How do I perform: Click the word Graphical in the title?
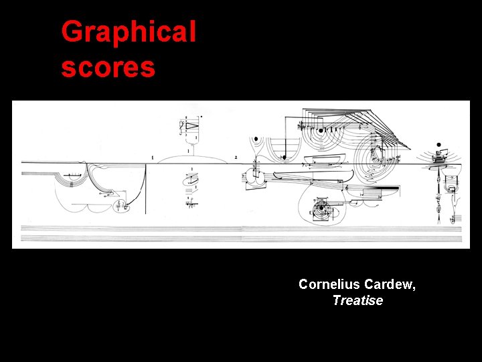[129, 32]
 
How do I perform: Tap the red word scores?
[108, 67]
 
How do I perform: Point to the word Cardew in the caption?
[390, 284]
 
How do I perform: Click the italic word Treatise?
[357, 300]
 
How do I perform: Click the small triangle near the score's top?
[193, 125]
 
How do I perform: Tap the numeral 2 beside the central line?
[236, 158]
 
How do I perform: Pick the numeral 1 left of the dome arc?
[153, 158]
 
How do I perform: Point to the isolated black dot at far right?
[438, 145]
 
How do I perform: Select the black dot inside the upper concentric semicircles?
[283, 158]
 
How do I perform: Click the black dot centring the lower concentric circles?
[322, 208]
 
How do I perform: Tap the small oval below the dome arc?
[190, 179]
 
